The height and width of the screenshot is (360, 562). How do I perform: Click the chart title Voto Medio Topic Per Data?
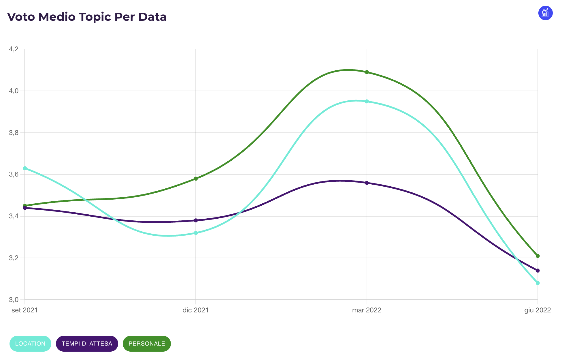click(87, 17)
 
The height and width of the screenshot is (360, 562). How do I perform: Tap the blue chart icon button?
click(545, 13)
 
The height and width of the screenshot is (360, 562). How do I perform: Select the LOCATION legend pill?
click(30, 344)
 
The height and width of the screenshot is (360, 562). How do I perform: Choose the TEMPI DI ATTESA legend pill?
click(87, 344)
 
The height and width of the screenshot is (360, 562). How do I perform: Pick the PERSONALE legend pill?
click(147, 344)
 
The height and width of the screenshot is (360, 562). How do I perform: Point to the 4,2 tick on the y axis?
click(14, 49)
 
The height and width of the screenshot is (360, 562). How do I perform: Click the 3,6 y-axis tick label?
click(14, 174)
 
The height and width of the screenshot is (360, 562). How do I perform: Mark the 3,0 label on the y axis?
click(14, 300)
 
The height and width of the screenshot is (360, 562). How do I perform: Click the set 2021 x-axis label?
click(24, 310)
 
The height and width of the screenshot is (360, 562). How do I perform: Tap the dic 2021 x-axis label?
click(196, 310)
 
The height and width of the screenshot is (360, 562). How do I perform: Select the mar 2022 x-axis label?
click(367, 310)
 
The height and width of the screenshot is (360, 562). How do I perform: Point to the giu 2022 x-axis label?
click(538, 310)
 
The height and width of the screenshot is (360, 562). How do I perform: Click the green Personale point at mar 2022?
click(367, 72)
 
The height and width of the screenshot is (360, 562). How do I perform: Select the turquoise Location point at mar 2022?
click(367, 101)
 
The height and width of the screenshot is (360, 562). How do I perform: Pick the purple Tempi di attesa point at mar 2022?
click(367, 183)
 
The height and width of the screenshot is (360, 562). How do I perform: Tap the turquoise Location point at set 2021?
click(25, 168)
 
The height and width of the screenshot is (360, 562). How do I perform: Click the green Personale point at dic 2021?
click(196, 179)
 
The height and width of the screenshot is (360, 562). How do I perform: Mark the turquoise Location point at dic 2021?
click(196, 233)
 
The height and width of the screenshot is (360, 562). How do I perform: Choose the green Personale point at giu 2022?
click(538, 256)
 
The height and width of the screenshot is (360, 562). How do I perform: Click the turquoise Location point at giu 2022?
click(538, 283)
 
